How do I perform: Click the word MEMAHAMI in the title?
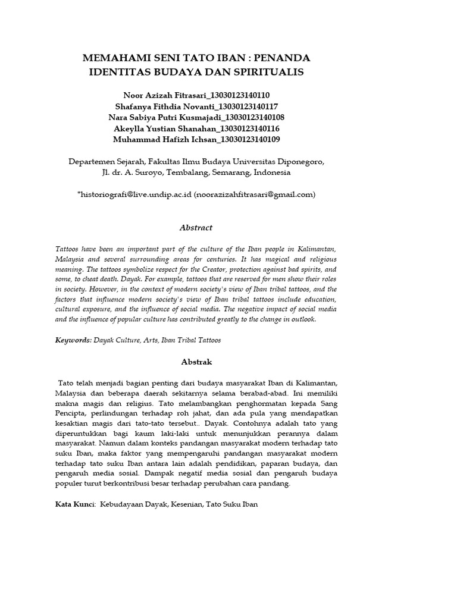[x=114, y=59]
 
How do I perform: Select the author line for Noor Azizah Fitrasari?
[x=196, y=95]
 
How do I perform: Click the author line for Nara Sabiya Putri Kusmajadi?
[x=196, y=117]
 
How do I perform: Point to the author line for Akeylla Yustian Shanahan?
[x=196, y=128]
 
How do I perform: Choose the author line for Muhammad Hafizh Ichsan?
[x=196, y=140]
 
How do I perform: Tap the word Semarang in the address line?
[x=230, y=172]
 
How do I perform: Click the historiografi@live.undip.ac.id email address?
[x=134, y=194]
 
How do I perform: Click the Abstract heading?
[x=196, y=228]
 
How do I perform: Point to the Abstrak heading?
[x=196, y=362]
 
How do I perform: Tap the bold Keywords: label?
[x=72, y=340]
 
